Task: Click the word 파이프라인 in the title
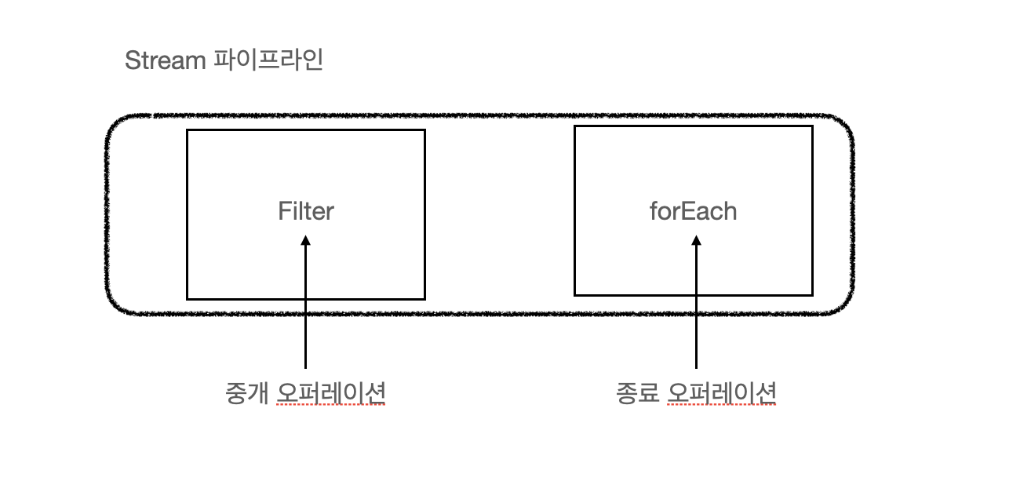tap(268, 61)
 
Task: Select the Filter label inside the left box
tap(306, 211)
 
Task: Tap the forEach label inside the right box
tap(694, 211)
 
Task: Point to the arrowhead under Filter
tap(306, 243)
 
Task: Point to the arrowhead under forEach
tap(696, 243)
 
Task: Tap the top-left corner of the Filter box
tap(188, 130)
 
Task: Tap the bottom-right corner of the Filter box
tap(424, 298)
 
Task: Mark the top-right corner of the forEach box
tap(812, 126)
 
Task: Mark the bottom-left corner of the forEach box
tap(575, 295)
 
